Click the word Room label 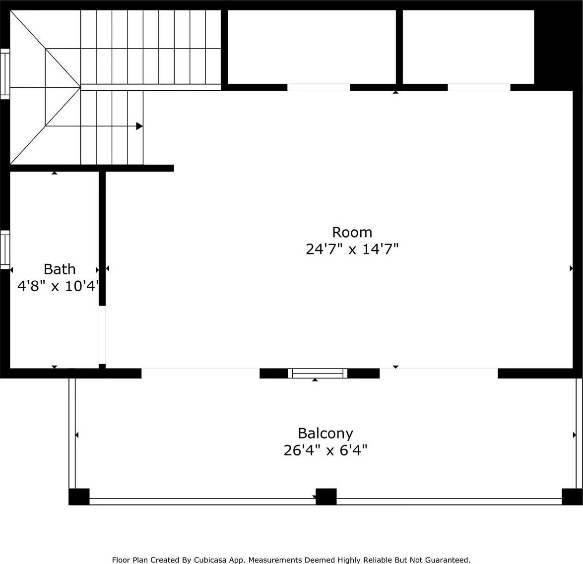coord(352,232)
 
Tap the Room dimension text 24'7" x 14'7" coord(352,249)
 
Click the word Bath coord(60,269)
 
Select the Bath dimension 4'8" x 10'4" coord(59,286)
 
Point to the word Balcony coord(325,434)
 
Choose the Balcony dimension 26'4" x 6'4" coord(325,450)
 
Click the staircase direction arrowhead coord(139,126)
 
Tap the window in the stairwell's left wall coord(5,74)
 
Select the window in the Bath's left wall coord(5,250)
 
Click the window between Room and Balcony coord(318,374)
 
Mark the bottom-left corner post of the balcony coord(79,497)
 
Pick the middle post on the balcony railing coord(326,497)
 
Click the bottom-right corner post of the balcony coord(572,497)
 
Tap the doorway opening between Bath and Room coord(102,335)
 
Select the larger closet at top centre coord(312,47)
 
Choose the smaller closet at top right coord(468,47)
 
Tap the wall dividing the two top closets coord(399,47)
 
